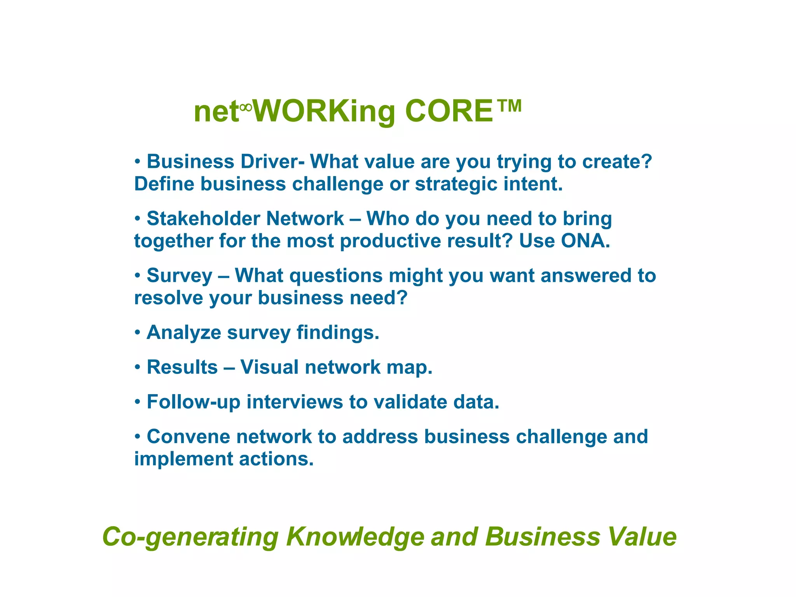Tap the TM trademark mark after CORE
[x=509, y=106]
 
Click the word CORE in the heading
[x=449, y=111]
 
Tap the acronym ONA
[x=585, y=241]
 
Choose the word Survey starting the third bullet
[x=179, y=276]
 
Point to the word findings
[x=337, y=333]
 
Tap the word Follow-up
[x=193, y=402]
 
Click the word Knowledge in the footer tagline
[x=355, y=537]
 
